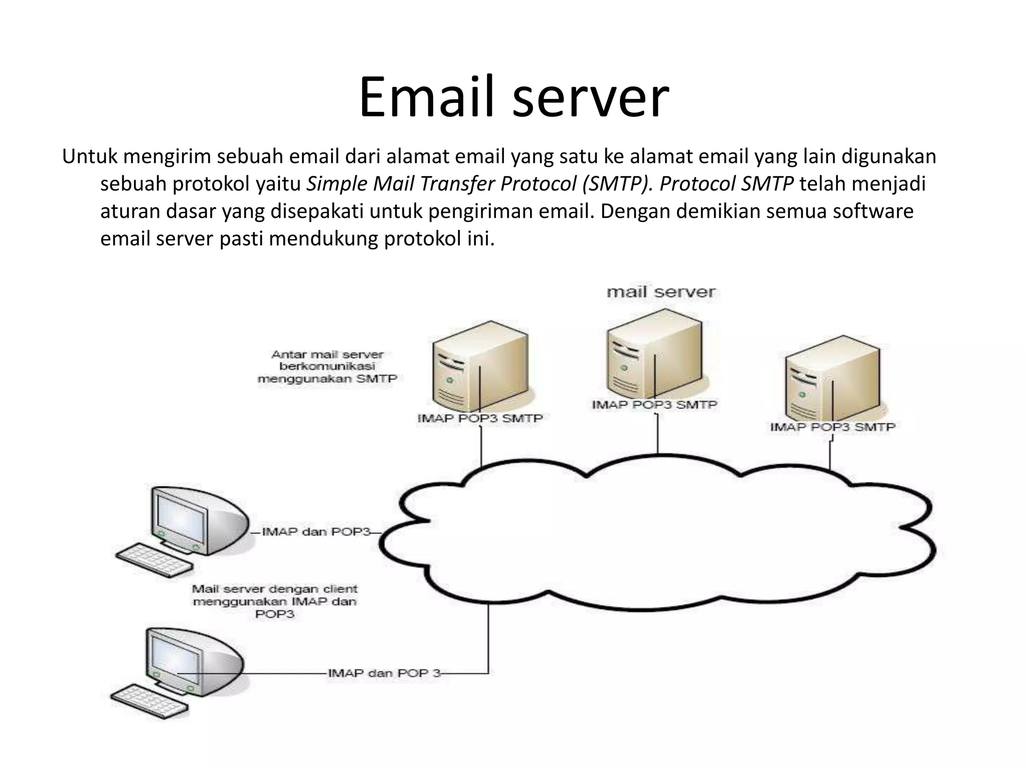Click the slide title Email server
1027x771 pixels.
[513, 97]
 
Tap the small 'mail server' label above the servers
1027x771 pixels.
[661, 292]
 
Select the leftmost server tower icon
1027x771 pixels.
[479, 366]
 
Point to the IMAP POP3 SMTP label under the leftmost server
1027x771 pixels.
[480, 418]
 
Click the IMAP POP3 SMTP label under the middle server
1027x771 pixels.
[654, 405]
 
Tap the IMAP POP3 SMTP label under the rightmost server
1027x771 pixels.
[832, 427]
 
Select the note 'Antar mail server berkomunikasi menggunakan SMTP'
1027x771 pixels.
[327, 366]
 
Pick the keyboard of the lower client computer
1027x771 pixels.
[149, 701]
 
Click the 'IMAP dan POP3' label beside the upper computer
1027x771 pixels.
[316, 532]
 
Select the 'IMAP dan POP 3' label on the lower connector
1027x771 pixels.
[384, 673]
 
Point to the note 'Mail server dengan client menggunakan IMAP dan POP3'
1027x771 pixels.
[275, 601]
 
